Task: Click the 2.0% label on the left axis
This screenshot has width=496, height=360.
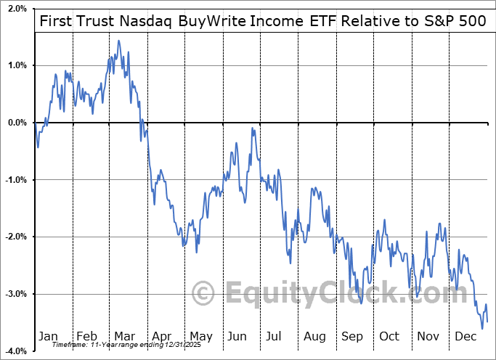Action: tap(15, 9)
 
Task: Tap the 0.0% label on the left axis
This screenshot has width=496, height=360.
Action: tap(15, 123)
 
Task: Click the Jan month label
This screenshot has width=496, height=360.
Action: tap(48, 337)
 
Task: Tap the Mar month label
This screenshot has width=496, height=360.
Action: tap(124, 337)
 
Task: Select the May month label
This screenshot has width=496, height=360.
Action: tap(201, 337)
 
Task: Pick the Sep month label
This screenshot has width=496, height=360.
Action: tap(352, 337)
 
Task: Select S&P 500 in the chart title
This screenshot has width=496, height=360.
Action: tap(457, 20)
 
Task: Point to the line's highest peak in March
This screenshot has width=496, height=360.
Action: tap(118, 41)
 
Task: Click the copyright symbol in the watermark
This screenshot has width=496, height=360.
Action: tap(203, 293)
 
